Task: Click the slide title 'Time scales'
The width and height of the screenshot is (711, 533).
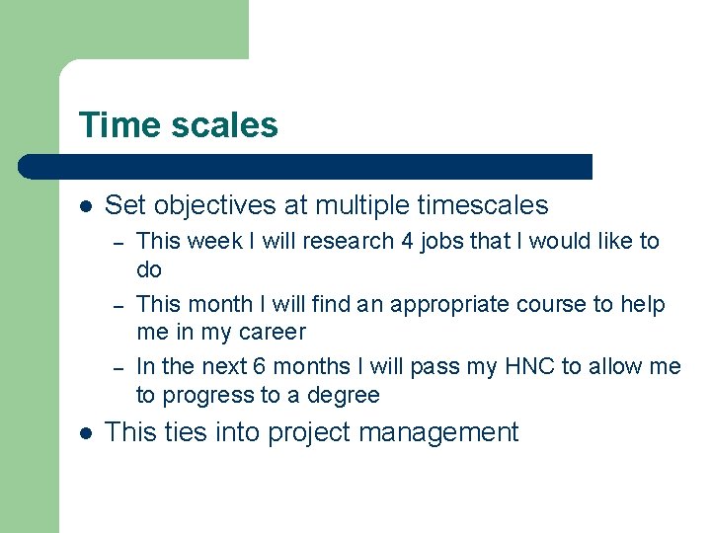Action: (x=178, y=125)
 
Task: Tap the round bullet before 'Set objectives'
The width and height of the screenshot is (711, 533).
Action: (x=86, y=206)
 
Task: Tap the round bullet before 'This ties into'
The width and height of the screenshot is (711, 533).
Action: (x=86, y=432)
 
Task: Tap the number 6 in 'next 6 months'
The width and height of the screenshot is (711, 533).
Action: (x=259, y=367)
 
